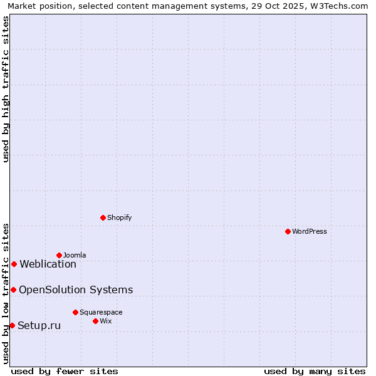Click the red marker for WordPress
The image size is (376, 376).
click(x=288, y=231)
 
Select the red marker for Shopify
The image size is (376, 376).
click(x=103, y=217)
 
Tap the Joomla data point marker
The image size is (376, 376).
click(x=59, y=255)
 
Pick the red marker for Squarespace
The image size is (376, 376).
click(x=75, y=312)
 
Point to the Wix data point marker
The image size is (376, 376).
click(x=95, y=321)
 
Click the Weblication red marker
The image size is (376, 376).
click(x=14, y=264)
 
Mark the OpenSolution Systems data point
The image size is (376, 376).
click(x=13, y=290)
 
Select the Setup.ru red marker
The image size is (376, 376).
click(x=12, y=325)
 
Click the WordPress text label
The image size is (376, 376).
click(x=310, y=231)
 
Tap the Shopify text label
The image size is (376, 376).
click(x=119, y=217)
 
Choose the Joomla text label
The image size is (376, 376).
click(x=75, y=255)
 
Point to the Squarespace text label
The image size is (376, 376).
click(x=101, y=312)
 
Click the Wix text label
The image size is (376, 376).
click(x=105, y=321)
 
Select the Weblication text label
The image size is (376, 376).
click(x=48, y=264)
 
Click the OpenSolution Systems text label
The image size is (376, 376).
click(x=76, y=290)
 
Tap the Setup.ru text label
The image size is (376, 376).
click(x=39, y=325)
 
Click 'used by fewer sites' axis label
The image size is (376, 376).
click(x=65, y=371)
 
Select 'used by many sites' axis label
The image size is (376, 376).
click(x=315, y=371)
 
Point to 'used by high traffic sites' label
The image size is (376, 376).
click(x=6, y=89)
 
